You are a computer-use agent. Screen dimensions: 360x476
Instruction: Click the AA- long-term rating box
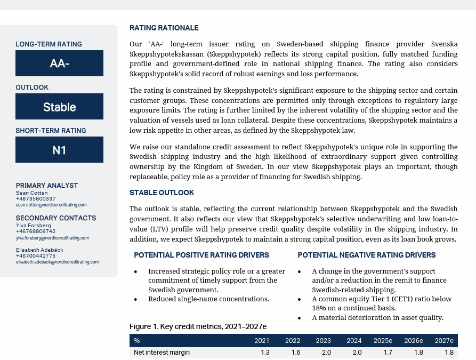coord(59,63)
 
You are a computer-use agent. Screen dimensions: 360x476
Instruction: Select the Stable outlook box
coord(59,107)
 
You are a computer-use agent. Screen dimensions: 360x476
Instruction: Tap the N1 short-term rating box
coord(59,150)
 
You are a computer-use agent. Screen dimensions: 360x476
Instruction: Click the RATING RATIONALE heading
coord(164,28)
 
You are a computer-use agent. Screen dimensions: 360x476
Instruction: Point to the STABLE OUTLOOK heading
coord(162,193)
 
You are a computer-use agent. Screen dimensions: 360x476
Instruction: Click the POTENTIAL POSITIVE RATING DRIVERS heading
coord(201,255)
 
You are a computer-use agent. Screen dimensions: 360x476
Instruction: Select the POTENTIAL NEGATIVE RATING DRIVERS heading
coord(367,255)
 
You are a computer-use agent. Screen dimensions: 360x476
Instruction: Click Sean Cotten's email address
coord(51,205)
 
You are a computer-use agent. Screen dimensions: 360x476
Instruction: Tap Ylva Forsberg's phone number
coord(36,231)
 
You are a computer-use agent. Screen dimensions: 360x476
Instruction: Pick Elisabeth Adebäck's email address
coord(57,262)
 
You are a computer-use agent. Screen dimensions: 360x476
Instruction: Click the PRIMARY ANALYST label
coord(47,186)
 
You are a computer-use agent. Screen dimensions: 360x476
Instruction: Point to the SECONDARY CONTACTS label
coord(56,218)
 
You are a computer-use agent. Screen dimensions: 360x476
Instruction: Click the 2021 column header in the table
coord(262,341)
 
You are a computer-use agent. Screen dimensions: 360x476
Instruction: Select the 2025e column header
coord(383,341)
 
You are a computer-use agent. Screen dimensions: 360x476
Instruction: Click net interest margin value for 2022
coord(296,353)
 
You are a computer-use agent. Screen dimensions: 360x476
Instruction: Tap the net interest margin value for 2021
coord(265,353)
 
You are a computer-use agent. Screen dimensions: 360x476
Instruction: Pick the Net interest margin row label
coord(162,353)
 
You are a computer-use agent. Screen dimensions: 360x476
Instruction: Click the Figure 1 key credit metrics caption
coord(198,326)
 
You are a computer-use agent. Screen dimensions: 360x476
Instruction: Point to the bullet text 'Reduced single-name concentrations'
coord(208,299)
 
